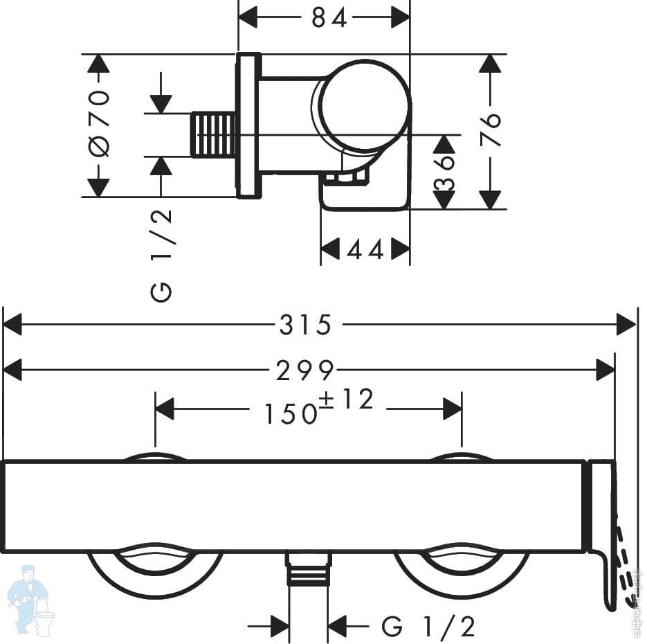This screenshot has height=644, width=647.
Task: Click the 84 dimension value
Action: click(x=329, y=18)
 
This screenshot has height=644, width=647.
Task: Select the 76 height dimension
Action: click(x=490, y=129)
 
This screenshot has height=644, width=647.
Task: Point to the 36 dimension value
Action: click(x=444, y=172)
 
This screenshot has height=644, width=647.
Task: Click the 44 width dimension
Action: click(x=365, y=249)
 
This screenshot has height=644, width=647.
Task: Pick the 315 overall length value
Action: click(x=305, y=325)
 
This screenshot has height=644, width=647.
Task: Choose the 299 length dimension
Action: click(x=304, y=370)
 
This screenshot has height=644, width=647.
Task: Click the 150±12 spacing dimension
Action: click(x=318, y=406)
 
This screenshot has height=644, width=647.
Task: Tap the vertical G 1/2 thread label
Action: click(x=161, y=256)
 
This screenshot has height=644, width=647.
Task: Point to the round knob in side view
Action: click(x=365, y=107)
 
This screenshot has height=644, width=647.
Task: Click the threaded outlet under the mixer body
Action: click(x=309, y=569)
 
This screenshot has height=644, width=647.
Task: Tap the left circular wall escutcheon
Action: click(x=155, y=578)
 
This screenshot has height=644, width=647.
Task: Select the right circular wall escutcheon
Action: click(x=462, y=578)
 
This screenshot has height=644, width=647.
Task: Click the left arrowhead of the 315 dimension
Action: click(x=12, y=325)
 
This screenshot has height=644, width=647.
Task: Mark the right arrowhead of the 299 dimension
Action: click(x=605, y=370)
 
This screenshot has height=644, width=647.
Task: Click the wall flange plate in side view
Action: click(x=248, y=125)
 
